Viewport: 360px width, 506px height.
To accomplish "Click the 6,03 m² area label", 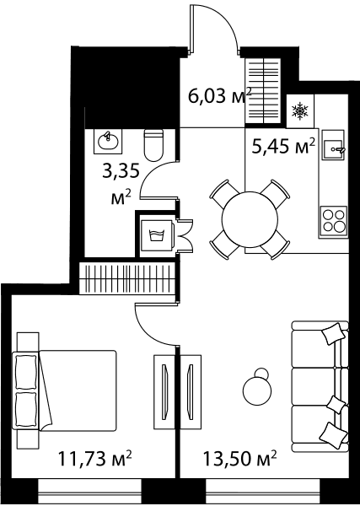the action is [x=220, y=95].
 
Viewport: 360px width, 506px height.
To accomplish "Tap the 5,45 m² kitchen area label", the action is [x=283, y=147].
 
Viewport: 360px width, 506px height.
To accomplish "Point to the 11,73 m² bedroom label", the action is [x=94, y=458].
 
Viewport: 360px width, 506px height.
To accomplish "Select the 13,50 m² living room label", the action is [x=239, y=458].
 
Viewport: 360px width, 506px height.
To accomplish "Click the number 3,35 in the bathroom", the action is [x=121, y=170].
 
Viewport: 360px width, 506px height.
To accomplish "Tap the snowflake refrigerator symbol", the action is [x=299, y=111].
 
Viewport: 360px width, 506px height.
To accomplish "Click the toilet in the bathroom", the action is [x=154, y=145].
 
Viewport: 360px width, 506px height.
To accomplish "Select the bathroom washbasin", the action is [x=108, y=141].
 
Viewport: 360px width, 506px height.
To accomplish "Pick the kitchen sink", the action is [x=333, y=145].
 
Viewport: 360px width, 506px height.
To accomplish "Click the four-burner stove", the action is [x=334, y=222].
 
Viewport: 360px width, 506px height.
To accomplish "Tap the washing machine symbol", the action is [x=157, y=234].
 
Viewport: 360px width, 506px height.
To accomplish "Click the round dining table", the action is [x=250, y=220].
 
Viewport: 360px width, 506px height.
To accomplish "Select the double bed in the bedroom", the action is [x=65, y=390].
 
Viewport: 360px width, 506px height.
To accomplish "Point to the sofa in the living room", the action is [x=320, y=386].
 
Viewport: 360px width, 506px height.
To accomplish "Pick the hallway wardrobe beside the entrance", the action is [x=262, y=91].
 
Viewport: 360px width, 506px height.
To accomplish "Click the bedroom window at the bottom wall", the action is [x=89, y=491].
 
